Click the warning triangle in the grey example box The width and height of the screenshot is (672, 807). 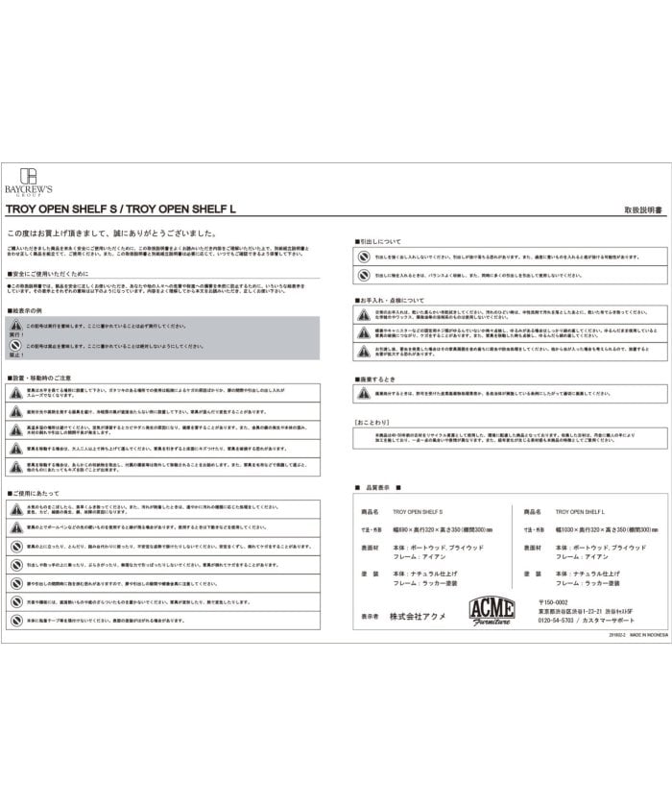[x=16, y=328]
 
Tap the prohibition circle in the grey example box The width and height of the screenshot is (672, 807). [x=16, y=346]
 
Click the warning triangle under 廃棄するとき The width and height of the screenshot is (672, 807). [x=364, y=395]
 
